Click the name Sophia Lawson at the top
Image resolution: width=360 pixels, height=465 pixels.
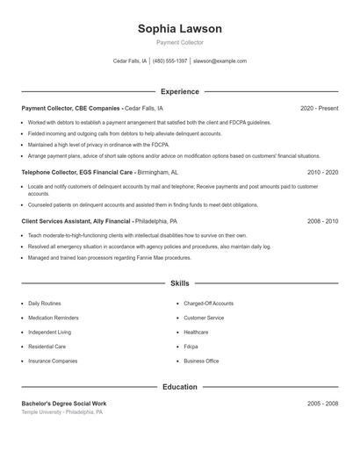[x=179, y=29]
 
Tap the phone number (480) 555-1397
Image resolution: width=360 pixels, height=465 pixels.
[x=170, y=61]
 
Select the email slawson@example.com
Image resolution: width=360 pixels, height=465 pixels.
[x=220, y=61]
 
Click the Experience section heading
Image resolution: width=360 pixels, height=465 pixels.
[x=180, y=91]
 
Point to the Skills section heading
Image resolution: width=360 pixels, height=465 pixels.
[x=180, y=283]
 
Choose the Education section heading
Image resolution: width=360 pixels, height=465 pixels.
[x=180, y=387]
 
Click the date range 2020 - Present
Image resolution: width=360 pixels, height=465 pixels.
[x=320, y=108]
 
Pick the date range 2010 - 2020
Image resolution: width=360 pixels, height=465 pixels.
[x=322, y=173]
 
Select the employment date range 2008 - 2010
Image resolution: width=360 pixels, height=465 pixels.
[x=322, y=222]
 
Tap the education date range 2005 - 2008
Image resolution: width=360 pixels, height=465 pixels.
[x=322, y=404]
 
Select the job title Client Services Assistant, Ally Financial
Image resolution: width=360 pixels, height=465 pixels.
[x=77, y=222]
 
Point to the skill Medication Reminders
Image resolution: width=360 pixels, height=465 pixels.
[x=54, y=318]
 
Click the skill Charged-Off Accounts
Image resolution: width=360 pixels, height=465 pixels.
[x=208, y=303]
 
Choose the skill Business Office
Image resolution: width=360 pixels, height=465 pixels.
[x=201, y=361]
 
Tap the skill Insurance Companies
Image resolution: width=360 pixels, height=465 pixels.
[x=53, y=361]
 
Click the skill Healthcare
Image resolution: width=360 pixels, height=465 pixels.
[x=196, y=333]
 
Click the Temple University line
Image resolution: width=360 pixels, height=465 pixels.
[x=62, y=411]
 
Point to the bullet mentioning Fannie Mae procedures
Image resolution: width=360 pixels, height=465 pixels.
[x=109, y=258]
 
